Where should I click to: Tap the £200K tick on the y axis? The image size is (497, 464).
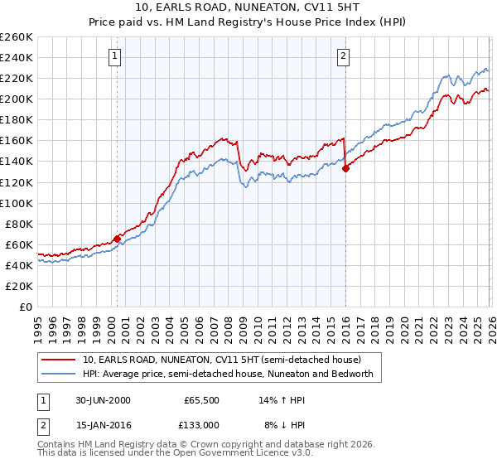[x=17, y=99]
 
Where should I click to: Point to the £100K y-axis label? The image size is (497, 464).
[x=17, y=203]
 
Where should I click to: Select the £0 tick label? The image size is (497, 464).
[x=25, y=307]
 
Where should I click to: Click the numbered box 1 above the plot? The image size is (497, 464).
[x=114, y=56]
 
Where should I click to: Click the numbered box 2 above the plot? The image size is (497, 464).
[x=343, y=56]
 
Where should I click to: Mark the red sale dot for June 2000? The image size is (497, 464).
[x=118, y=238]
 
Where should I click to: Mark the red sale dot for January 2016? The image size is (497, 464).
[x=345, y=167]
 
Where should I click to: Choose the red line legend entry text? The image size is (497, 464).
[x=221, y=360]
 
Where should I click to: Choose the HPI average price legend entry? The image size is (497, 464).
[x=228, y=375]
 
